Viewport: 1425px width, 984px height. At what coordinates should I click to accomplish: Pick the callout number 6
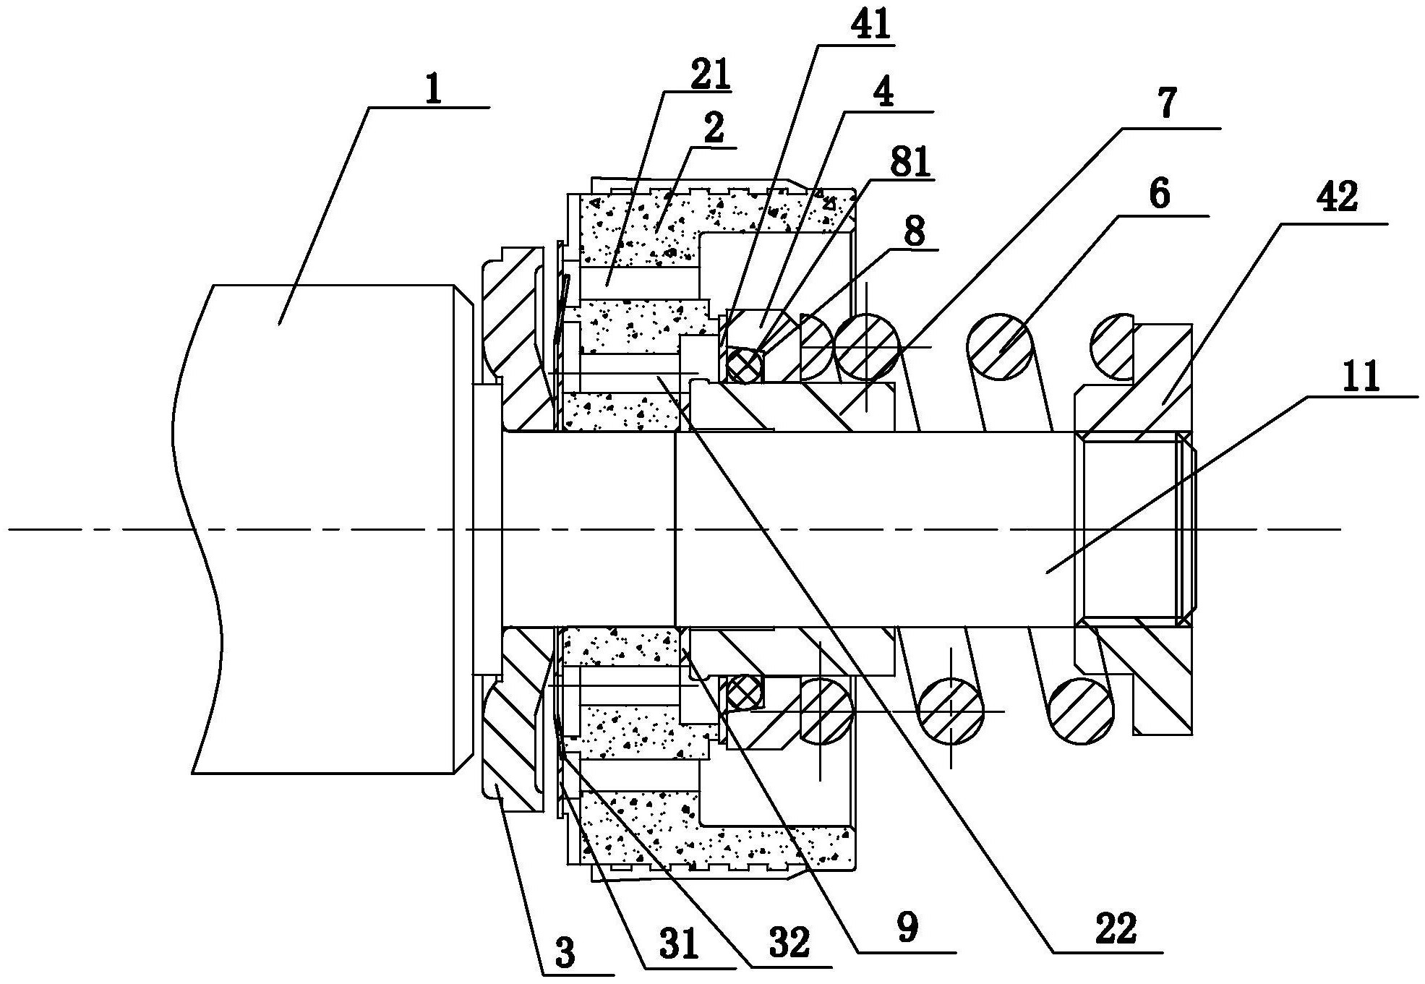1159,194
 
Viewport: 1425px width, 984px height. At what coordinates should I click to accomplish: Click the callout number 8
915,232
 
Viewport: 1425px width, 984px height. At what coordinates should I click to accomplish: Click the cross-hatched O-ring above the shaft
744,364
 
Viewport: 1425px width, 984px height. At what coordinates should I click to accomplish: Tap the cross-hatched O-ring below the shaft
744,693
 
